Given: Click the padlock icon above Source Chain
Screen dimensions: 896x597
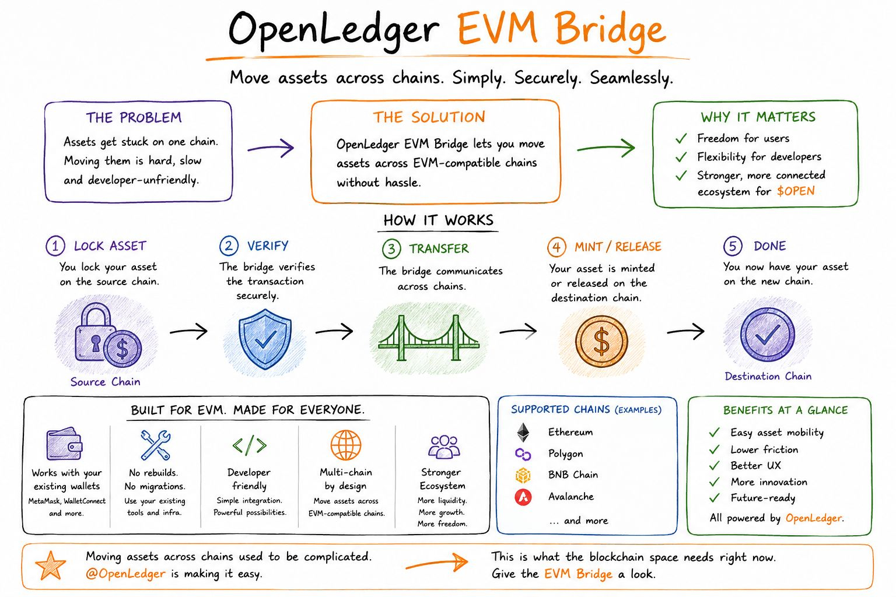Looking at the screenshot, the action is click(x=94, y=332).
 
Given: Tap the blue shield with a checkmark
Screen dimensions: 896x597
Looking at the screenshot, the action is click(x=265, y=339).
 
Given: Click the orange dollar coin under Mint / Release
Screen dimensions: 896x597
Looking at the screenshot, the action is click(x=601, y=342).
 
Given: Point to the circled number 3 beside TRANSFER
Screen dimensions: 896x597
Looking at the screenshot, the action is click(x=391, y=249).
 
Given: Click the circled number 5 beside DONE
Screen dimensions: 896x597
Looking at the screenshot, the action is click(x=733, y=245).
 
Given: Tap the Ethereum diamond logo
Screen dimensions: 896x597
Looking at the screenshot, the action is click(x=523, y=432).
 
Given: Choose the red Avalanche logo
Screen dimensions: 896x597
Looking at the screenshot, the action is click(x=523, y=497).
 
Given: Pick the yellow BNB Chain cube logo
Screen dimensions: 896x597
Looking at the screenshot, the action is click(x=523, y=475).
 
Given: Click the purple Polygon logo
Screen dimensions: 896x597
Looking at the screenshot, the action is click(x=523, y=454).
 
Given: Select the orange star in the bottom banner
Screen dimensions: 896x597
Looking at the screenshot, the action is click(x=50, y=566).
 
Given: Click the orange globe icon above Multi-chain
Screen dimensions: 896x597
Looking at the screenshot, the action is click(x=345, y=445).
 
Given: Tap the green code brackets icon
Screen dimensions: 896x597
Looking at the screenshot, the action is click(x=249, y=445).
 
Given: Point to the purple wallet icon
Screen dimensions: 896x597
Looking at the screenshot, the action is click(x=64, y=444).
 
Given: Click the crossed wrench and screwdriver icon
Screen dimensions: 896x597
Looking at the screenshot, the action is click(x=156, y=445).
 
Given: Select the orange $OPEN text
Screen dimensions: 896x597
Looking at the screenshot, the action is click(x=796, y=191).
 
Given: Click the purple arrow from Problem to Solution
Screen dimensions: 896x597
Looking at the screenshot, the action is click(x=271, y=148).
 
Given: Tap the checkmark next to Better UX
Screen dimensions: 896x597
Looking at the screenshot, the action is click(x=714, y=466).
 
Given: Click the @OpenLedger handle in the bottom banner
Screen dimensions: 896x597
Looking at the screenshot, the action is click(x=125, y=574).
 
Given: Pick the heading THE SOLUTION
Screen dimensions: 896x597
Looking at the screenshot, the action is click(x=429, y=117).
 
